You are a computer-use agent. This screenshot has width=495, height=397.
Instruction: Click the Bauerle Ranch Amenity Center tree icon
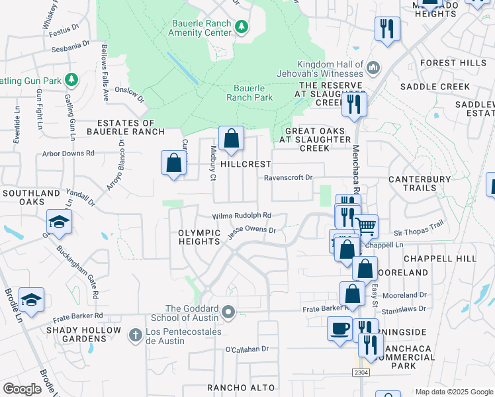pos(243,26)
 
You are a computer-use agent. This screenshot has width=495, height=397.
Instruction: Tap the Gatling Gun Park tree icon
pos(71,81)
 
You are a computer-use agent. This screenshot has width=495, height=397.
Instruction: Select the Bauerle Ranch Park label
pos(249,93)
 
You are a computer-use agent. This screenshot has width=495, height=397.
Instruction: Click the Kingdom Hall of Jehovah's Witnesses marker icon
pos(373,67)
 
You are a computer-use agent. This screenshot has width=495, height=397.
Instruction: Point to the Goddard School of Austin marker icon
pos(229,311)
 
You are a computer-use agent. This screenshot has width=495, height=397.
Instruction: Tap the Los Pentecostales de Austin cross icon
pos(135,335)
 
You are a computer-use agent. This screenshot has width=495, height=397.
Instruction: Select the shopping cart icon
pos(365,226)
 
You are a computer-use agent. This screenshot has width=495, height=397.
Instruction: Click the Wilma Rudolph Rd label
pos(242,216)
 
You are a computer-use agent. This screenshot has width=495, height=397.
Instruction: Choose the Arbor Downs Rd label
pos(68,153)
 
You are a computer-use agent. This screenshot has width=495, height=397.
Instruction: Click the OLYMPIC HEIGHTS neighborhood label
pos(199,237)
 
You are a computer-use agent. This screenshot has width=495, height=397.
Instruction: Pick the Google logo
pos(22,389)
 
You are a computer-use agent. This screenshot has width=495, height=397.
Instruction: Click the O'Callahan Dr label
pos(248,349)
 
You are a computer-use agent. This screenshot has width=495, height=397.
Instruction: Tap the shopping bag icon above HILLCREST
pos(231,139)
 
